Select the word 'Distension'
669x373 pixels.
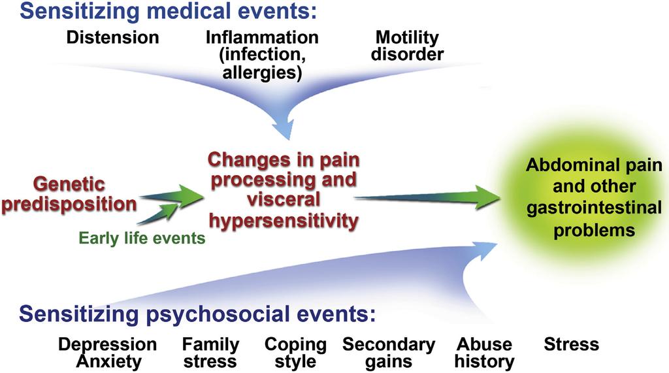[x=112, y=37]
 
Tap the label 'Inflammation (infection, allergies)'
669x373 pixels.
[x=262, y=55]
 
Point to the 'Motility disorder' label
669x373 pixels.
[x=407, y=46]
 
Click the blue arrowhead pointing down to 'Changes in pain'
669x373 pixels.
[x=285, y=127]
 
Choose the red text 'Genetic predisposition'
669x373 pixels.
[x=69, y=194]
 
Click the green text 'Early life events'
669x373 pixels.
[x=142, y=238]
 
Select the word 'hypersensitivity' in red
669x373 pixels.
[x=284, y=221]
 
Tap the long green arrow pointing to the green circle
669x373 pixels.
[x=427, y=198]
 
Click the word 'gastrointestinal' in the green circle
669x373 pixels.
[x=594, y=208]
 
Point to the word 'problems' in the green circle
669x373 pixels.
[x=594, y=231]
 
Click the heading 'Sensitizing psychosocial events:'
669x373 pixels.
[x=197, y=314]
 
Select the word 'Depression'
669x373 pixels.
[x=108, y=344]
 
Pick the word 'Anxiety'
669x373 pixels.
[x=108, y=361]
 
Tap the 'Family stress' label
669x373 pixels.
[x=210, y=353]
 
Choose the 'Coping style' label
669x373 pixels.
[x=295, y=353]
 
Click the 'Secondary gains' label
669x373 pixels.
[x=389, y=353]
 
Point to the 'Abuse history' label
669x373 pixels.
[x=484, y=353]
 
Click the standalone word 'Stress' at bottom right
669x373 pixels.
[x=571, y=344]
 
